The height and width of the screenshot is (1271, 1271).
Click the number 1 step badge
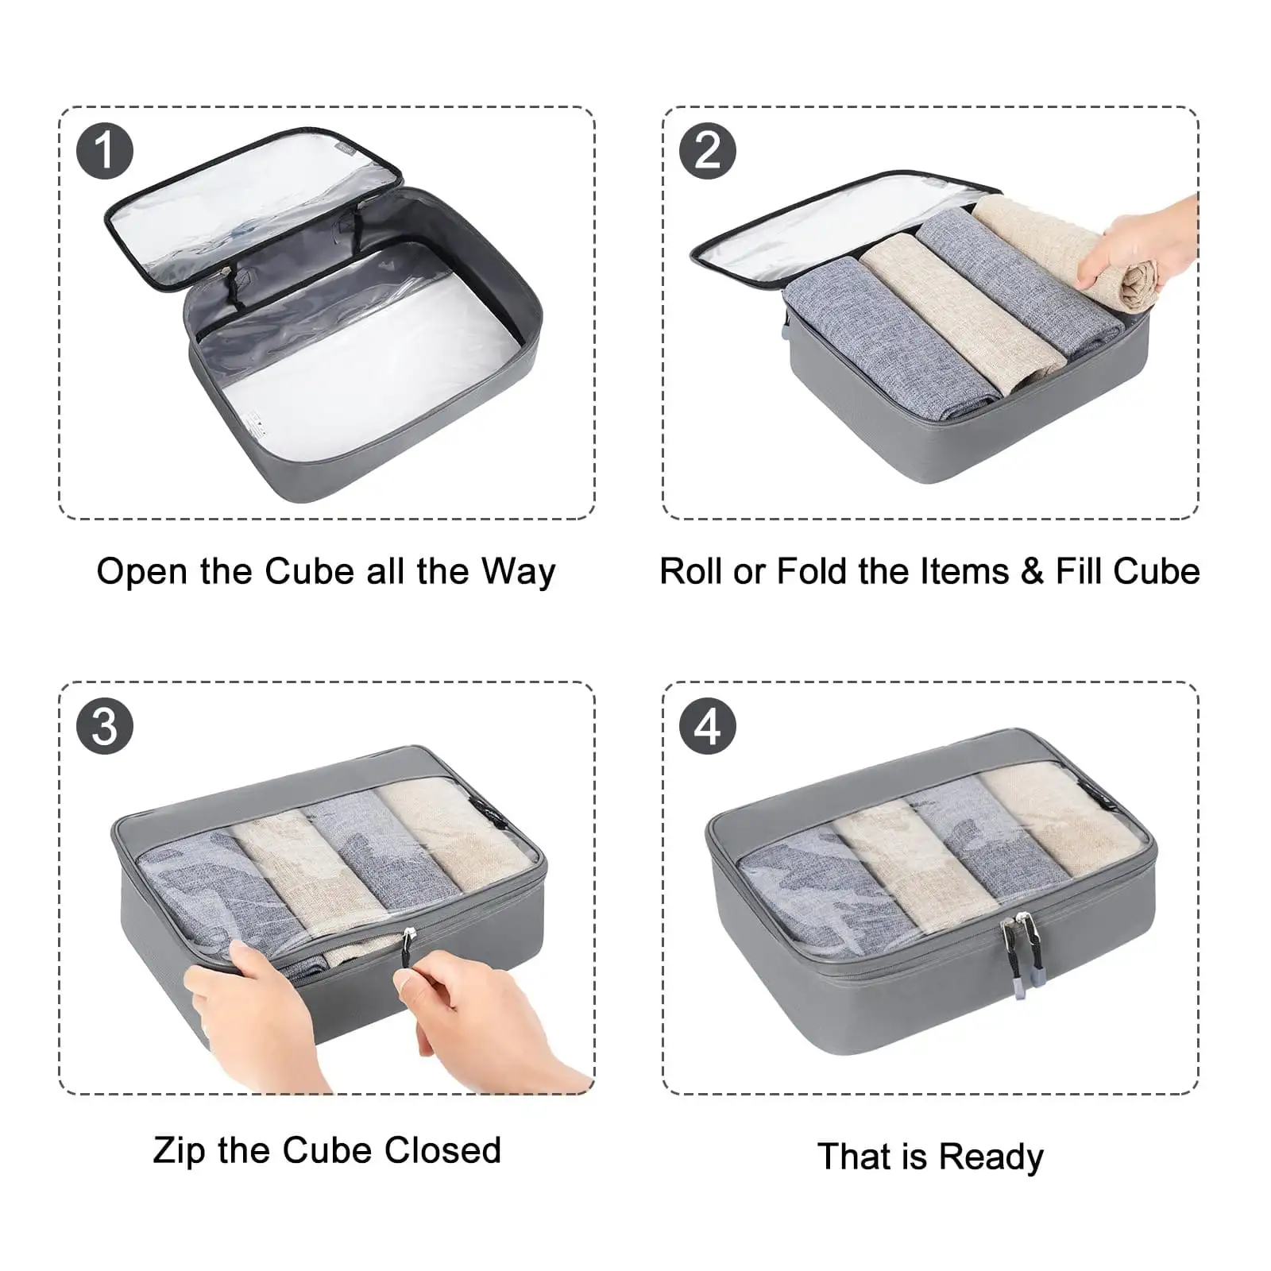105,151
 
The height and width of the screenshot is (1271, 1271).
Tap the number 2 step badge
708,151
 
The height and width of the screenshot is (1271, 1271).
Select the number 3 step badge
105,726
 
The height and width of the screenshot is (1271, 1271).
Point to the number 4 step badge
708,726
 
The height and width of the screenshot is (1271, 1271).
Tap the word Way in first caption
518,572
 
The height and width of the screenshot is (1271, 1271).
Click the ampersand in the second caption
1032,572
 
